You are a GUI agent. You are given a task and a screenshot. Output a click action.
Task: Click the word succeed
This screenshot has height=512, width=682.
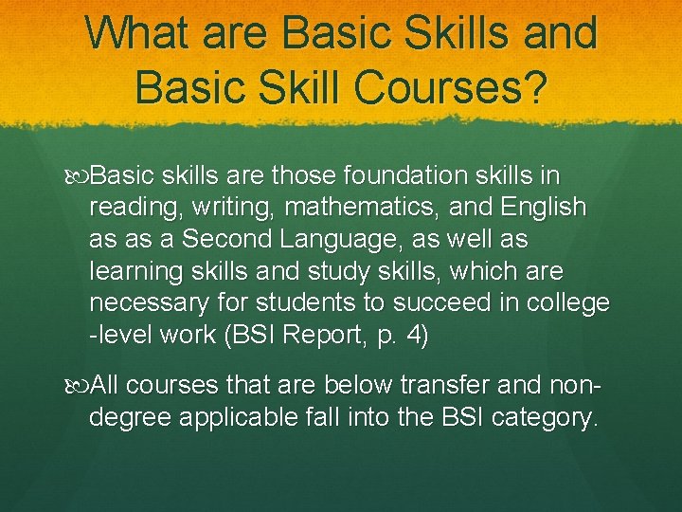tap(443, 304)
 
